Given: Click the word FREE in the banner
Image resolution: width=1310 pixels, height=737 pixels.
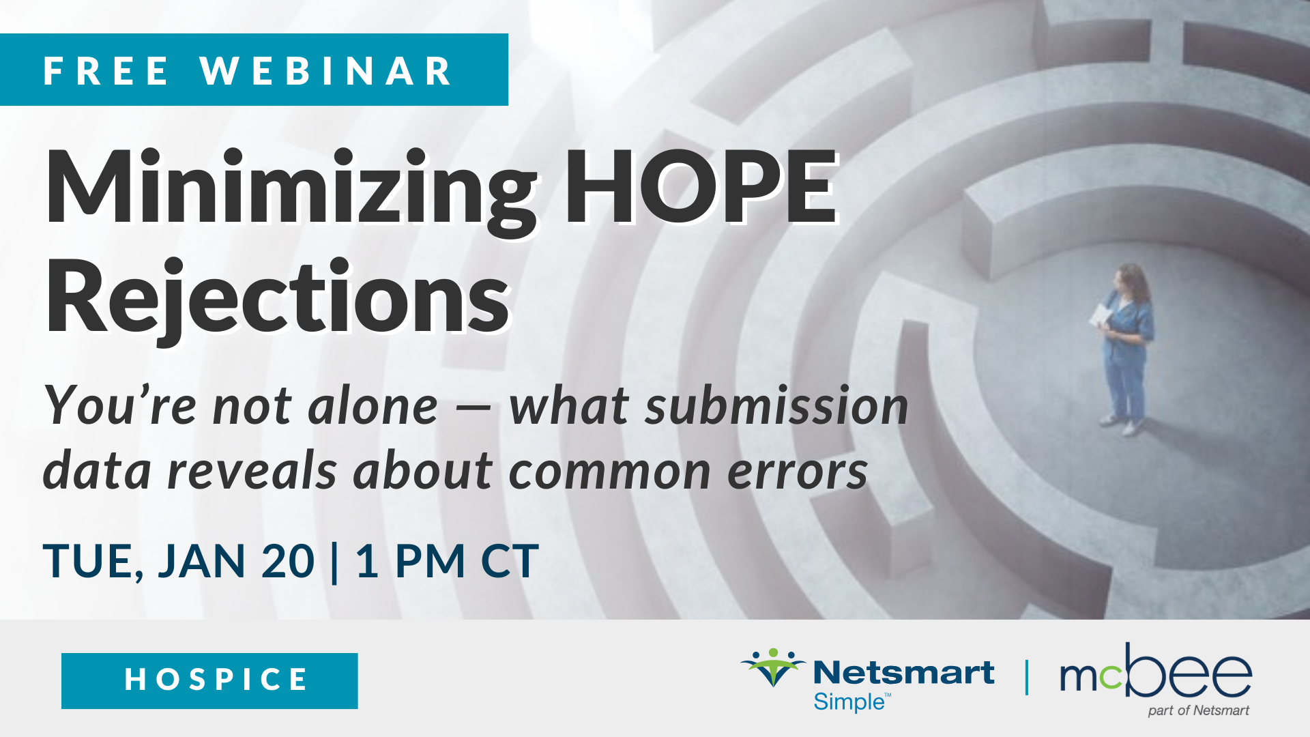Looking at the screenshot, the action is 106,70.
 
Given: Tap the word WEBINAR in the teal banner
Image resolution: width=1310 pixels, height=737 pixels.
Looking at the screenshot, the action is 326,70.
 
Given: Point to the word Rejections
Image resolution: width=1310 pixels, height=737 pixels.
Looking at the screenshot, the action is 278,298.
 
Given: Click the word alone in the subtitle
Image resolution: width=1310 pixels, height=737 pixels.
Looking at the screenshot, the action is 373,407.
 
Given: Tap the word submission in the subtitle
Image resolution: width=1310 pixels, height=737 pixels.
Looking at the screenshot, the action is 776,405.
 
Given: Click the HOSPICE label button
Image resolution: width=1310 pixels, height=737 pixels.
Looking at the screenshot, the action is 209,680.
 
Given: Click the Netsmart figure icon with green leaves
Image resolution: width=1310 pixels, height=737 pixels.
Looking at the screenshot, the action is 773,667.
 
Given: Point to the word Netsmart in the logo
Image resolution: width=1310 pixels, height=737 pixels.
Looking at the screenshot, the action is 903,673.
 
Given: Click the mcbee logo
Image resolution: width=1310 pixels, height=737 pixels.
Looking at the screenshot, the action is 1156,670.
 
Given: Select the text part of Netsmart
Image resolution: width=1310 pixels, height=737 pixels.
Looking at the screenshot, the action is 1199,710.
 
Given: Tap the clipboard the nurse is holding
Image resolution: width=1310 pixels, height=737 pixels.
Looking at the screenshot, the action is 1101,315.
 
